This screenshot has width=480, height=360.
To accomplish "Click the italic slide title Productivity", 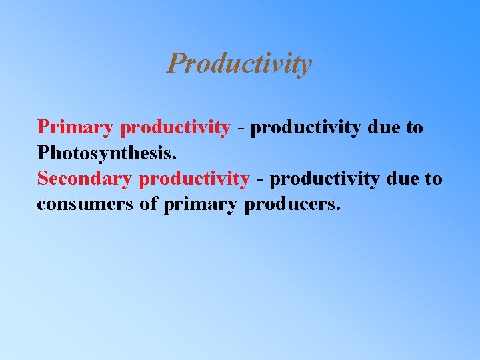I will click(x=239, y=64).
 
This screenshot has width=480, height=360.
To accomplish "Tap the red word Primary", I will click(x=77, y=127).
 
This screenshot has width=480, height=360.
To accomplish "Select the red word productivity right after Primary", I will click(x=175, y=128).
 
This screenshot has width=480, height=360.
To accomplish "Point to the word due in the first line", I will click(x=383, y=127).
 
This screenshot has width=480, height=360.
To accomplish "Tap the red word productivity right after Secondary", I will click(x=194, y=180).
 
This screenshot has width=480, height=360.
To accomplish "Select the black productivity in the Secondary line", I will click(x=325, y=180).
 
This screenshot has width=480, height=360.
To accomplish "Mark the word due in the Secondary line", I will click(x=402, y=179).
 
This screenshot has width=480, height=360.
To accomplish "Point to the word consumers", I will click(x=85, y=205).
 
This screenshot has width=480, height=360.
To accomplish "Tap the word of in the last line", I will click(x=148, y=205).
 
